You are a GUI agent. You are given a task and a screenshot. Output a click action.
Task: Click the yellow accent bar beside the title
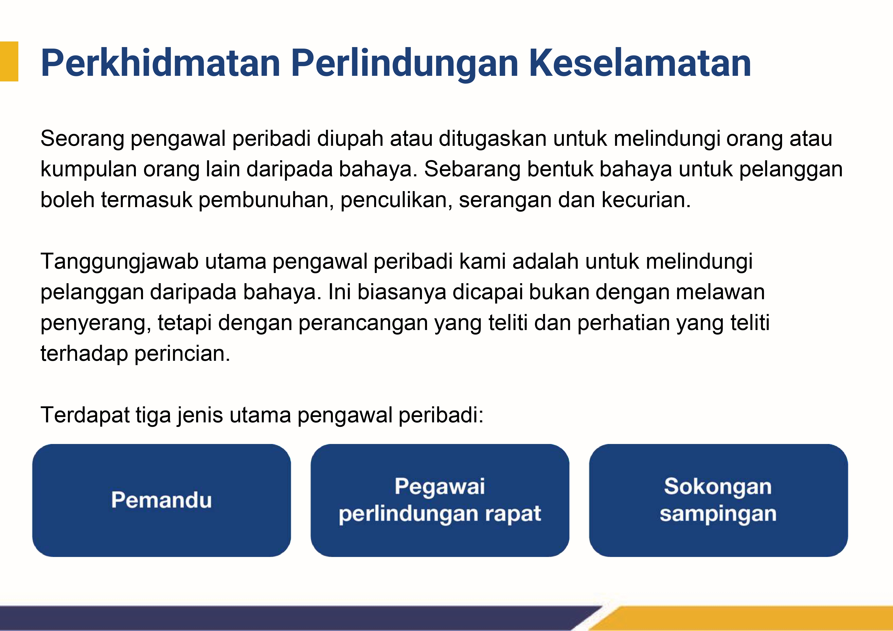pyautogui.click(x=9, y=61)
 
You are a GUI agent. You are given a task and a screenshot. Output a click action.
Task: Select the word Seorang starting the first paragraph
pyautogui.click(x=82, y=139)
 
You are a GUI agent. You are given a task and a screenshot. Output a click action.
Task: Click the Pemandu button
pyautogui.click(x=161, y=500)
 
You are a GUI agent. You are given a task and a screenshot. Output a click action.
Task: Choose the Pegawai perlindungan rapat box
pyautogui.click(x=440, y=500)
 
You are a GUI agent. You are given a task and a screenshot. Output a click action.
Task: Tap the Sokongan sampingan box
pyautogui.click(x=718, y=500)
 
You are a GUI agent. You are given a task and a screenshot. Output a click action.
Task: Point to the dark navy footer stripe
pyautogui.click(x=296, y=618)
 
